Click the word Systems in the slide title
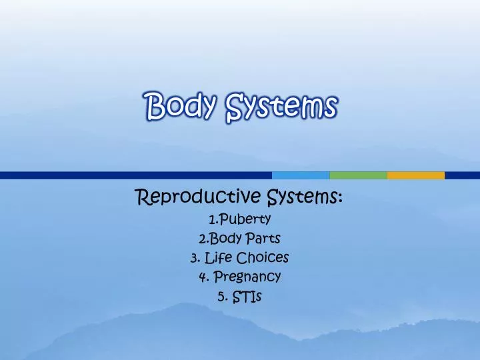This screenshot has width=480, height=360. (x=281, y=106)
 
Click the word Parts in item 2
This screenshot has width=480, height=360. (x=263, y=237)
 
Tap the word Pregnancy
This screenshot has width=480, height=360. (x=247, y=276)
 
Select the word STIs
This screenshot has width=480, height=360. (x=247, y=296)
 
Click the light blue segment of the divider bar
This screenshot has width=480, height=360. (x=301, y=175)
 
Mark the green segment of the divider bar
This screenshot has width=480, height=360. (x=358, y=175)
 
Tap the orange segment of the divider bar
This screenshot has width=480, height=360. (x=415, y=175)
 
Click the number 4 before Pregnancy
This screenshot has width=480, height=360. (x=201, y=276)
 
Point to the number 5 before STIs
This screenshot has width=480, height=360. (x=221, y=296)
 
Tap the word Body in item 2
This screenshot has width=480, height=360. (x=223, y=237)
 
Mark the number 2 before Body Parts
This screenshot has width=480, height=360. (x=201, y=237)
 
